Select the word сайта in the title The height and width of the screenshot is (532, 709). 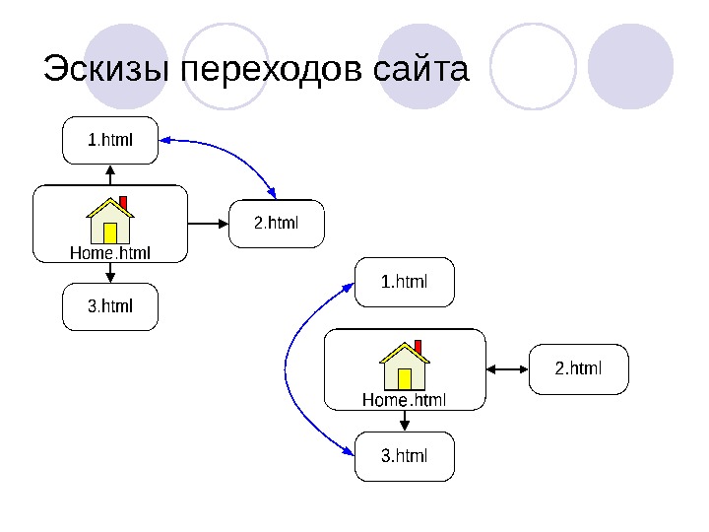(422, 71)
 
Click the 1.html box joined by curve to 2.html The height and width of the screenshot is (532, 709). (110, 140)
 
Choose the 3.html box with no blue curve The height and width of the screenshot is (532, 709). (110, 306)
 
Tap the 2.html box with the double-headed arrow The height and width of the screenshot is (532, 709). (579, 369)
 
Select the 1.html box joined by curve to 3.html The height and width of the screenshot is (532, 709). (404, 283)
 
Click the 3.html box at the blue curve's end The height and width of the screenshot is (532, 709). (404, 455)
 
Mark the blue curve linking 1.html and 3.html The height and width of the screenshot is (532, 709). (288, 369)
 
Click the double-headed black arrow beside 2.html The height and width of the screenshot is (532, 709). (508, 369)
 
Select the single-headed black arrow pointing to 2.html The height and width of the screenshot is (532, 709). (208, 224)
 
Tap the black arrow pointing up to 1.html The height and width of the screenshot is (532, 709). (110, 174)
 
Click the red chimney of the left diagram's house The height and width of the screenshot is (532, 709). (123, 202)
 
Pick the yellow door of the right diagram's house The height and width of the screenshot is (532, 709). (405, 378)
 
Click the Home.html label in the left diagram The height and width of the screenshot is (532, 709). (110, 254)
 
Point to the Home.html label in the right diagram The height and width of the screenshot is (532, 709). (405, 400)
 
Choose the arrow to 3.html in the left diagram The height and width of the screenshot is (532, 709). (110, 274)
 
